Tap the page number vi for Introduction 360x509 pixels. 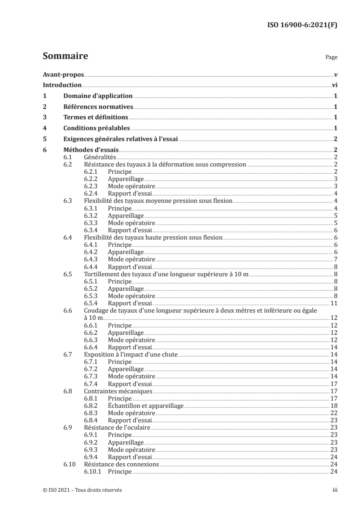point(334,85)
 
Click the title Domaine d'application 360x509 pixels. point(98,96)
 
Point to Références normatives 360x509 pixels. point(98,107)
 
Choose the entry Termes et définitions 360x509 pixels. point(95,117)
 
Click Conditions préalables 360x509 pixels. point(96,128)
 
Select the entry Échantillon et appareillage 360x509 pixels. point(145,405)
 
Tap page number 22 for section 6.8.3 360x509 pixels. point(334,412)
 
